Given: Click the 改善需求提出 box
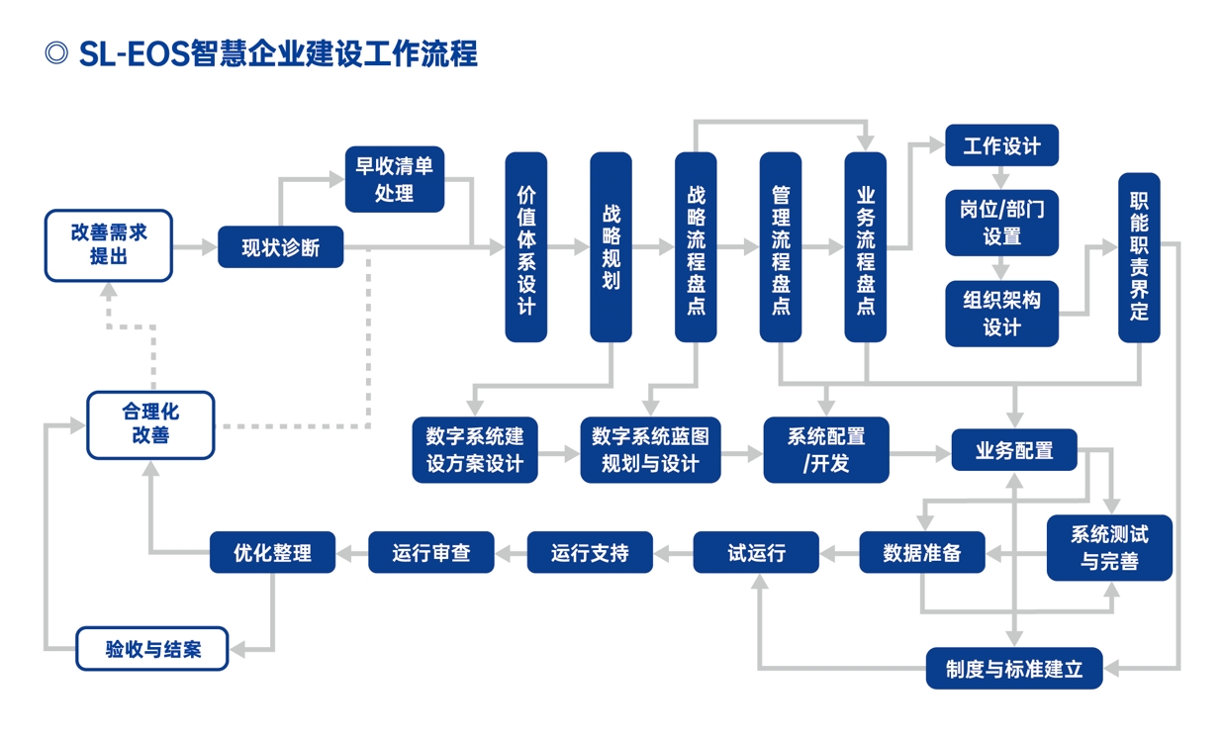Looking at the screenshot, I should [109, 245].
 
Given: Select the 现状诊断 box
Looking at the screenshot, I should [280, 247].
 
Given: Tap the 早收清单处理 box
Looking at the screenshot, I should [394, 179].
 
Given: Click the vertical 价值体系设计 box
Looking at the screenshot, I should [525, 247].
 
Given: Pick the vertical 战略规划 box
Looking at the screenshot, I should [611, 247].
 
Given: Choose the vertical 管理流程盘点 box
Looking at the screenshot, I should [781, 247].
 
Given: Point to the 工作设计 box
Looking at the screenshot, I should [1001, 146].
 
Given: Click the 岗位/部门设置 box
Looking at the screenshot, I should [1001, 223].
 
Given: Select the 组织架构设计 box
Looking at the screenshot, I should [1001, 314].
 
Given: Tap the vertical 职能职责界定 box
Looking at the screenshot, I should [1139, 257].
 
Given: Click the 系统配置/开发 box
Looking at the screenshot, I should [826, 450].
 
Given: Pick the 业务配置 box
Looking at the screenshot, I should [1013, 450].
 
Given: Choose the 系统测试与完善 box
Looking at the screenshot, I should [1109, 548].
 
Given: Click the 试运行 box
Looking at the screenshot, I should [756, 552].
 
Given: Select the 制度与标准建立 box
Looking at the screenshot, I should [1013, 669].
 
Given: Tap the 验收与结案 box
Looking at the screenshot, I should [152, 649].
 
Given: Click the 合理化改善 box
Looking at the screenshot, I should [150, 424].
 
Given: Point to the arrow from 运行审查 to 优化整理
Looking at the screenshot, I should [351, 552].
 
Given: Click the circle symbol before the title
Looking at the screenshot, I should [56, 53].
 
